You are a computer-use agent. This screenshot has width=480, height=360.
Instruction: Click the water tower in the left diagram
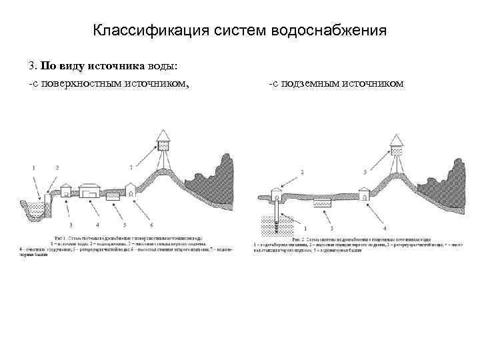click(164, 141)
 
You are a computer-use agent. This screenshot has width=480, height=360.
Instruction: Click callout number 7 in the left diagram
click(131, 165)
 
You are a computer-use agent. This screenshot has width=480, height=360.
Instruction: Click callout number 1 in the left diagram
click(35, 167)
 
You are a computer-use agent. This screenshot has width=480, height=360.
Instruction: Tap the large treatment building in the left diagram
click(91, 189)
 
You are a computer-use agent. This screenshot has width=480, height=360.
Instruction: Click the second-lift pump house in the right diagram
click(364, 194)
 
